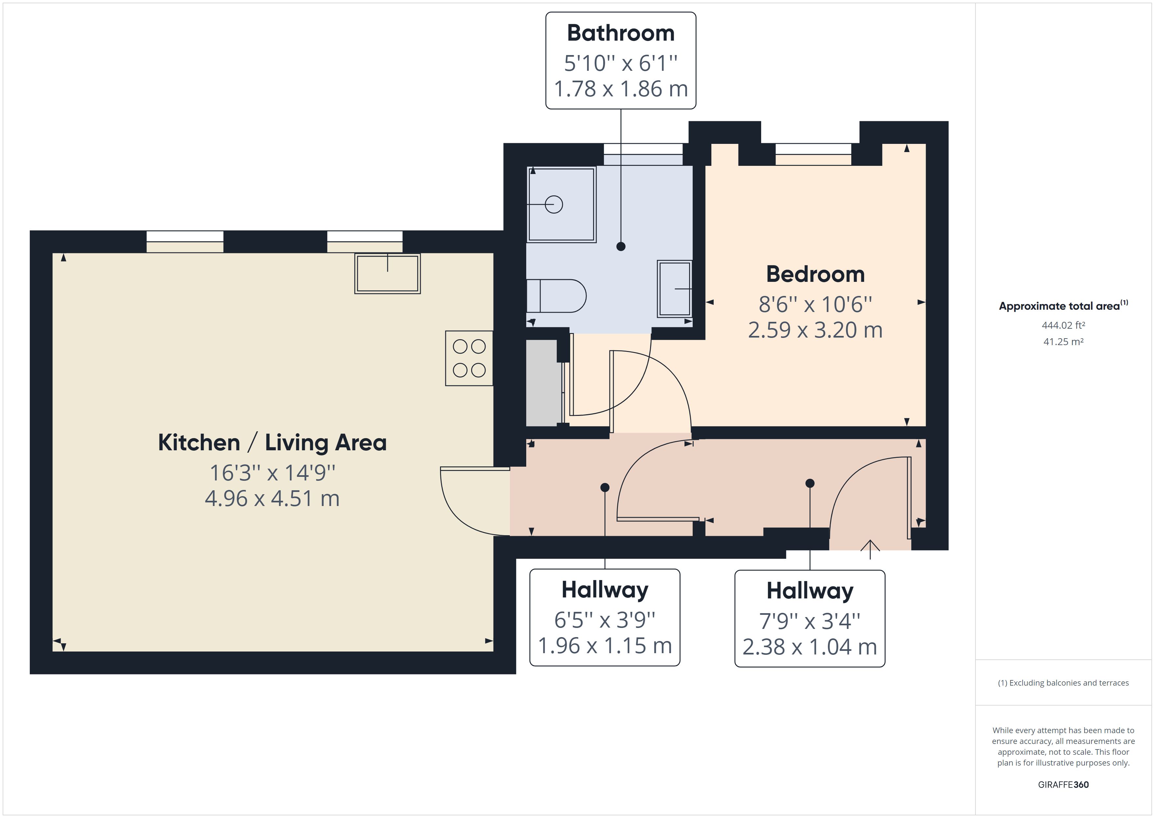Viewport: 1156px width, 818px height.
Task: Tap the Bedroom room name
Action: (x=815, y=275)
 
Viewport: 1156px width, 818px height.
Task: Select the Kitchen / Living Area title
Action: (x=272, y=443)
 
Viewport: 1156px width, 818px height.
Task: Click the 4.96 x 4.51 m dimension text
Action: (x=272, y=499)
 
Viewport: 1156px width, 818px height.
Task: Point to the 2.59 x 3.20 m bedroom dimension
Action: (x=815, y=330)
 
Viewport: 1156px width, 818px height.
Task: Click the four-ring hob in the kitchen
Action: (x=469, y=358)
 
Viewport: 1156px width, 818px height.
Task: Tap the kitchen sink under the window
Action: (x=387, y=274)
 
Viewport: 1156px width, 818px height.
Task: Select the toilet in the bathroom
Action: (x=556, y=296)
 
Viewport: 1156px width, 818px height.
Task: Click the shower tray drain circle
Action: (x=554, y=204)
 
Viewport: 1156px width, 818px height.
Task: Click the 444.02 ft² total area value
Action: (x=1063, y=325)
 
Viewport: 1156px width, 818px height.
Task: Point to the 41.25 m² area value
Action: (x=1063, y=341)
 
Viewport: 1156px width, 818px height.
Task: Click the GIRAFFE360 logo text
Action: (x=1063, y=784)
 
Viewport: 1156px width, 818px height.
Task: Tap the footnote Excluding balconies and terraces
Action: (x=1063, y=683)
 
